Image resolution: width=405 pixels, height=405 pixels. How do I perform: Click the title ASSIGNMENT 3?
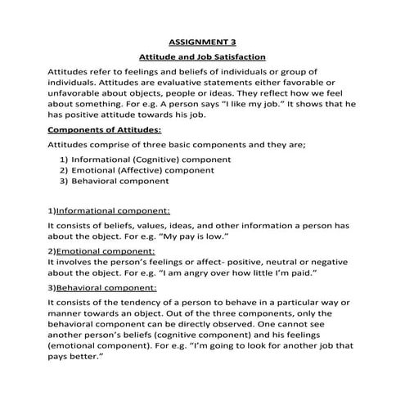(201, 41)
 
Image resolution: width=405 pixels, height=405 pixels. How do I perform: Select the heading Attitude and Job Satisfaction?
(202, 58)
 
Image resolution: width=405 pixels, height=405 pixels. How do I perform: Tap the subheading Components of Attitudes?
(105, 129)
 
